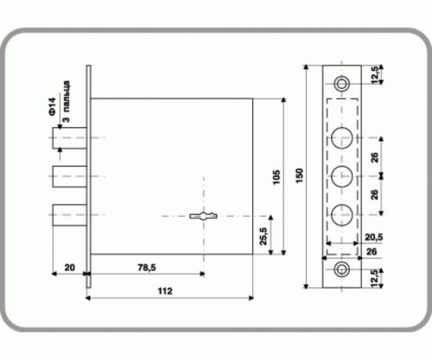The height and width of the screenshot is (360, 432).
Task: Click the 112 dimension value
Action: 165,291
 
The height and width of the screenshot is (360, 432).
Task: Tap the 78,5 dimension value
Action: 147,268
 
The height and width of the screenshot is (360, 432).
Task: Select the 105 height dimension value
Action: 276,178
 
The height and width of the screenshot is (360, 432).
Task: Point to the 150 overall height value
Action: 299,176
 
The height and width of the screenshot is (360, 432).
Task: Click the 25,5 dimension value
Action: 264,237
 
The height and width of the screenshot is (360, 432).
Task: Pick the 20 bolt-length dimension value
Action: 70,268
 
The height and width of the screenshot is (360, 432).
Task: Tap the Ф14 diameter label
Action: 52,107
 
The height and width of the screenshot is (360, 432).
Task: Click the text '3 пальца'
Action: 66,102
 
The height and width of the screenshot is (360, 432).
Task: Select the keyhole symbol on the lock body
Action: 203,216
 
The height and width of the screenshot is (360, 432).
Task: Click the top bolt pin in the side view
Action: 70,138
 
